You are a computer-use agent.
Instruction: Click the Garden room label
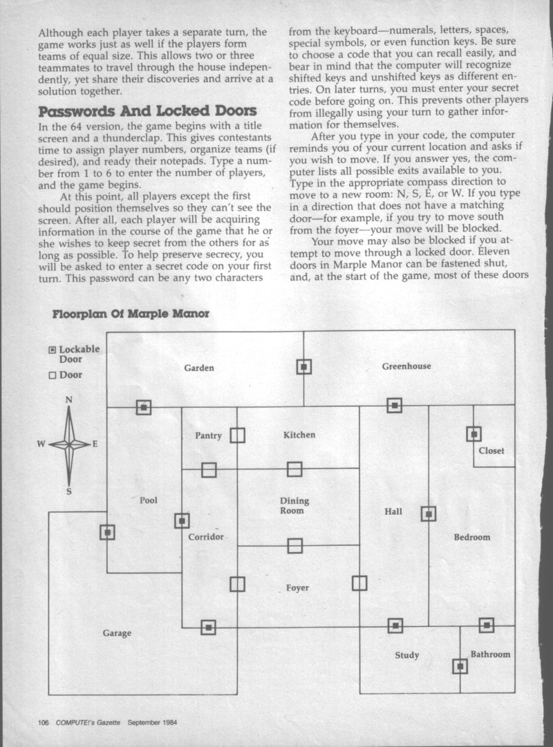coord(198,368)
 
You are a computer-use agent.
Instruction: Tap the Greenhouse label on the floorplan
coord(406,366)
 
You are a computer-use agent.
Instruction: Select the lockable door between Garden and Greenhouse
coord(304,367)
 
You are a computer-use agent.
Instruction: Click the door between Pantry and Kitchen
coord(237,435)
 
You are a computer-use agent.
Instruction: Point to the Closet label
coord(491,451)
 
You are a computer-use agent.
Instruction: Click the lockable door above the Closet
coord(474,434)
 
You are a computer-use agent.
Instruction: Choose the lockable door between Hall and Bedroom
coord(429,513)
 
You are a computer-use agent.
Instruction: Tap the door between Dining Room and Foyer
coord(295,546)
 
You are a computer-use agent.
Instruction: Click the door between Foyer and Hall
coord(359,584)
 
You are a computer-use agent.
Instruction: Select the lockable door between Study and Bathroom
coord(460,666)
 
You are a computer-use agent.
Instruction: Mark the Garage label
coord(118,633)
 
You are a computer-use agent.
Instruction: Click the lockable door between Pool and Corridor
coord(182,520)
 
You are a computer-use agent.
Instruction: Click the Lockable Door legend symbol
coord(53,350)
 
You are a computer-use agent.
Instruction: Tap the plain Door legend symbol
coord(53,375)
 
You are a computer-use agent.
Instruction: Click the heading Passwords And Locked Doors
coord(147,111)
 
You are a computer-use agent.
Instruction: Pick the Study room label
coord(406,655)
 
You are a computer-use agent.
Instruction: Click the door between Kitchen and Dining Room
coord(294,470)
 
